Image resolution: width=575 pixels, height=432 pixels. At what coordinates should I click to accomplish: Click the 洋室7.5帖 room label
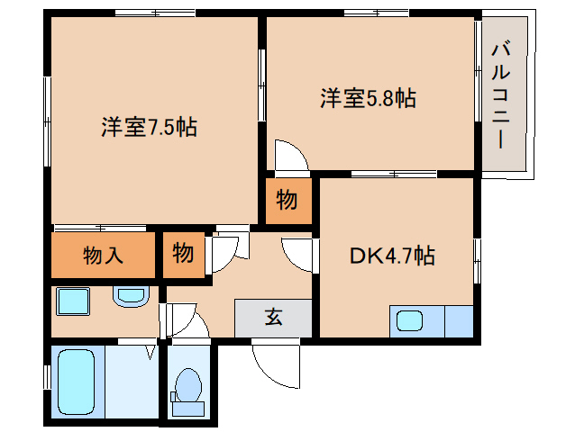click(149, 127)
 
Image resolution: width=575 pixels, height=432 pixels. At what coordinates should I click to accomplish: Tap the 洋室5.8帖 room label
click(368, 98)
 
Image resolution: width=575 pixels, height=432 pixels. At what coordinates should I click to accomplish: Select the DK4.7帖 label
click(392, 256)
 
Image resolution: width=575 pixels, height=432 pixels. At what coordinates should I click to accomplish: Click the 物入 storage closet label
click(104, 255)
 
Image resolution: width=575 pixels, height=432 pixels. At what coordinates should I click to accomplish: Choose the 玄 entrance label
click(272, 317)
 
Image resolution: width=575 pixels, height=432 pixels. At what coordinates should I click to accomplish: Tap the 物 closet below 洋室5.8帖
click(287, 201)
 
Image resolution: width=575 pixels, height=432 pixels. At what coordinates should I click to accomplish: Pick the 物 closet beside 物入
click(183, 255)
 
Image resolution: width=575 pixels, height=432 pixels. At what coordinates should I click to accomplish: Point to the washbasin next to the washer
click(132, 294)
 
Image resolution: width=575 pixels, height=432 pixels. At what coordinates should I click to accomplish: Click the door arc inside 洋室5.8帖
click(290, 156)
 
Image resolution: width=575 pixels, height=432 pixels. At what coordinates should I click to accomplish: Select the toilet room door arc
click(182, 320)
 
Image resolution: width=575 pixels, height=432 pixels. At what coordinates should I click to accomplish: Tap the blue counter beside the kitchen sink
click(458, 320)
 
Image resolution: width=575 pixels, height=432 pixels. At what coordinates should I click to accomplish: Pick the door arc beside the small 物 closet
click(224, 252)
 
